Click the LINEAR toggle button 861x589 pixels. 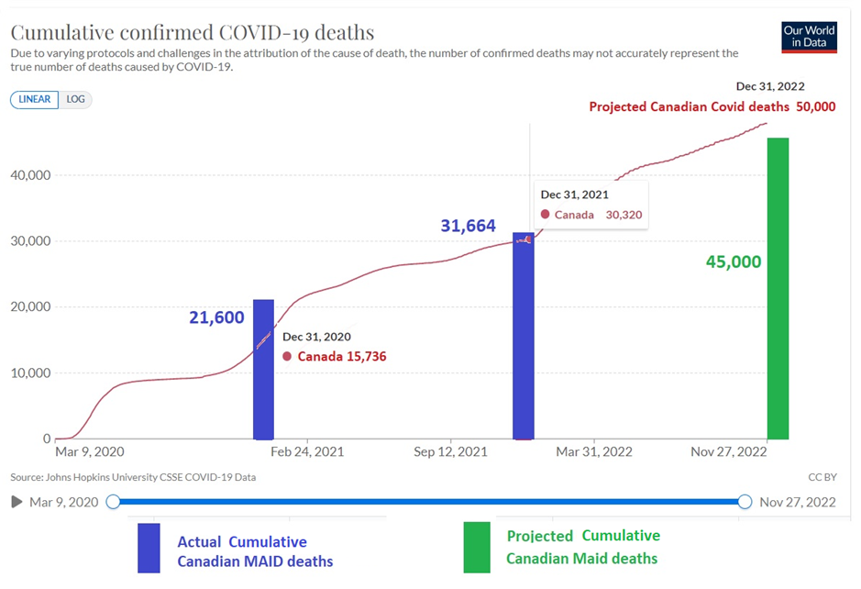coord(34,100)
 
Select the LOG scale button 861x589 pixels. coord(75,100)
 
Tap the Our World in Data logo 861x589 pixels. coord(809,37)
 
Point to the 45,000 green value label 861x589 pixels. coord(734,261)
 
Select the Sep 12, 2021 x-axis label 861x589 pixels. coord(451,452)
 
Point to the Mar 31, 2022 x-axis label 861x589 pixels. coord(595,452)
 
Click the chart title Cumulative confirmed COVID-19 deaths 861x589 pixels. coord(193,32)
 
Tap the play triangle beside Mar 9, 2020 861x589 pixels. coord(17,502)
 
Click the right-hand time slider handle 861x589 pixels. coord(745,502)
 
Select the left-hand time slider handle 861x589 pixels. coord(113,502)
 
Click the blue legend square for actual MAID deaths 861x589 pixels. coord(149,547)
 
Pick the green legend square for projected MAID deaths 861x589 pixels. coord(477,547)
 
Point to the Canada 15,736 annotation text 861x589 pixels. coord(342,356)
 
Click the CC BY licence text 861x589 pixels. coord(822,477)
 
